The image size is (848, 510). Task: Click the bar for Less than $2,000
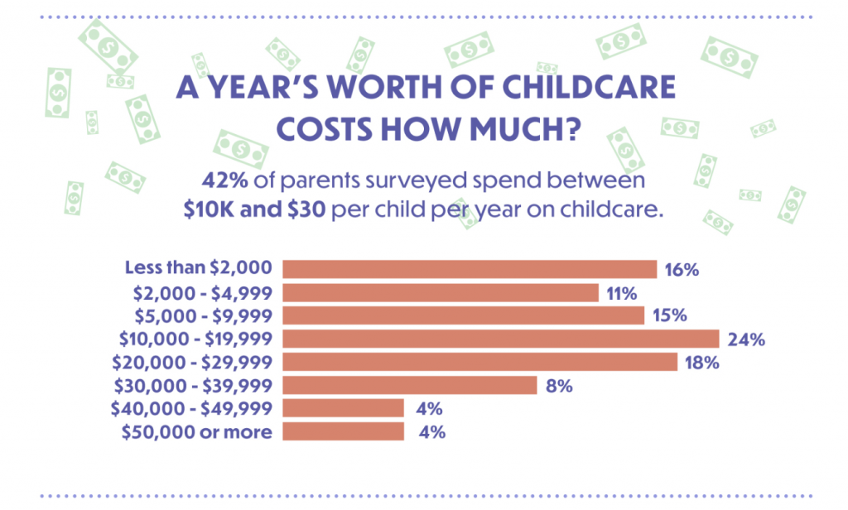470,269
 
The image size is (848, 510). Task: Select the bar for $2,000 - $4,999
441,292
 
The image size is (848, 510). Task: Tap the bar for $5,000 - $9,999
464,315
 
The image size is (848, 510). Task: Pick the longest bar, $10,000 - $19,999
500,339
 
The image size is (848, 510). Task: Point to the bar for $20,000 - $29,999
479,362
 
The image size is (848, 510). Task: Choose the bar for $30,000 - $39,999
410,385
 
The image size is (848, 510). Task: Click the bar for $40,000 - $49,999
343,408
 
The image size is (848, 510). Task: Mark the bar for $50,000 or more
343,431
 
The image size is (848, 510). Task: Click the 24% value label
746,339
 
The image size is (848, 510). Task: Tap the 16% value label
682,270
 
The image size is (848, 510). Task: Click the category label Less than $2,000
198,268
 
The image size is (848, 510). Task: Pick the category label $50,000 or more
196,431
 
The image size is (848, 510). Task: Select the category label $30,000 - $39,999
195,385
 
